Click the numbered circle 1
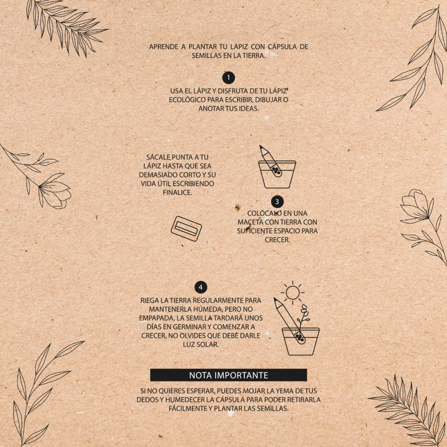228,78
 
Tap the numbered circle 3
277,202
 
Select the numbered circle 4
201,287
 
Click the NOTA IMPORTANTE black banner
229,375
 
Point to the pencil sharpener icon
186,229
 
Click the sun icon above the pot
292,293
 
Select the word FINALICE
177,193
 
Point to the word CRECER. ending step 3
277,240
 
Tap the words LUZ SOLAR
201,344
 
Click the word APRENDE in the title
164,47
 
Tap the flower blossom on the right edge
415,205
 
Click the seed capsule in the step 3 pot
276,171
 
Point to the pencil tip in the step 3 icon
261,147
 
